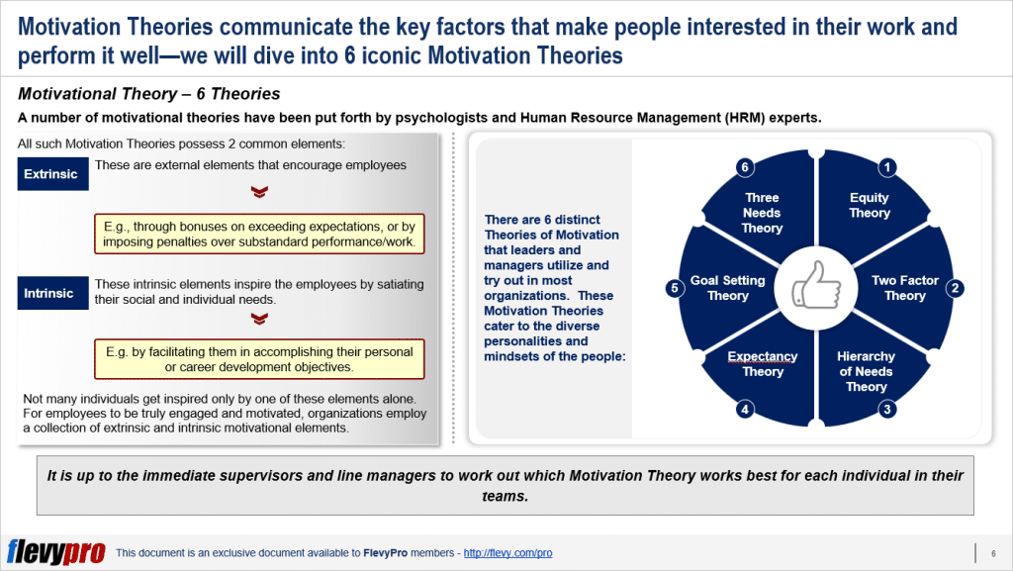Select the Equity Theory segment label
pos(869,206)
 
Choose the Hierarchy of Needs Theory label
pos(866,371)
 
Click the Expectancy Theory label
pos(763,364)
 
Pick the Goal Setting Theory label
pos(728,288)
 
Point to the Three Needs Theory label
pos(762,213)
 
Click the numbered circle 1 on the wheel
pos(887,168)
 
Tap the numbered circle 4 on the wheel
pos(744,408)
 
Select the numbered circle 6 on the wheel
pos(744,168)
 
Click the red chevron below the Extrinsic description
pos(259,192)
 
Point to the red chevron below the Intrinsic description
pos(259,319)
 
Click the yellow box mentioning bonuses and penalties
pos(259,234)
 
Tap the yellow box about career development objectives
pos(259,359)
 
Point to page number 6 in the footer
pos(992,553)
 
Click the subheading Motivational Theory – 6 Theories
pos(149,95)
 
